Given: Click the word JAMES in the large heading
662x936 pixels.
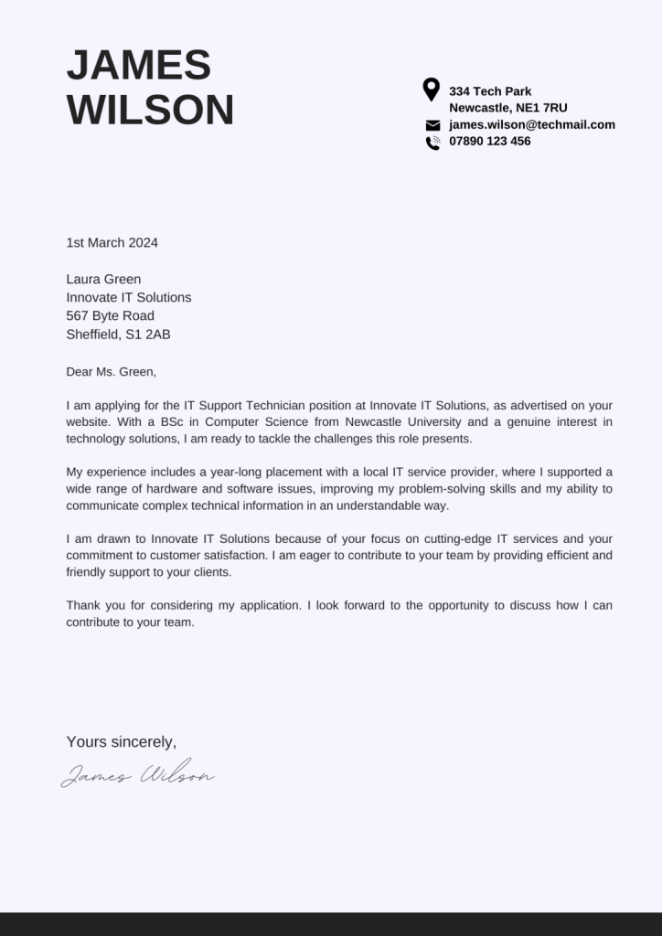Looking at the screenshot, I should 139,66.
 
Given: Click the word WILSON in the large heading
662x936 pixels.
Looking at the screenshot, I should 150,111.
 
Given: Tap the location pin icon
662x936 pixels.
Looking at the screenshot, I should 432,90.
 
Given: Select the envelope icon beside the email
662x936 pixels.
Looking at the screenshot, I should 432,125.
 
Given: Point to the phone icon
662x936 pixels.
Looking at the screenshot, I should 432,143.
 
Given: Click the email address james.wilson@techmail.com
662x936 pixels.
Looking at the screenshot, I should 531,125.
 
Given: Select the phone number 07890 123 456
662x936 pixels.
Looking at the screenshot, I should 489,142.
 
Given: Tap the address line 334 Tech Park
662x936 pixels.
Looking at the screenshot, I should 489,91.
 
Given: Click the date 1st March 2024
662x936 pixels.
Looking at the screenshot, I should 112,243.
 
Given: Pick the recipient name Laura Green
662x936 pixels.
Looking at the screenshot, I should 103,280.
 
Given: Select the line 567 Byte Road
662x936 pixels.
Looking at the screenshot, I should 110,316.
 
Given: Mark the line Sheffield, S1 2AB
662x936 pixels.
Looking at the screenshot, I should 118,335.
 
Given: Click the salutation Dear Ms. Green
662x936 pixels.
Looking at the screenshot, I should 111,372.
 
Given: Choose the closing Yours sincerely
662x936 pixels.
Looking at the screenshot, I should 121,742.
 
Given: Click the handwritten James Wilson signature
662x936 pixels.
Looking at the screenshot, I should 138,775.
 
